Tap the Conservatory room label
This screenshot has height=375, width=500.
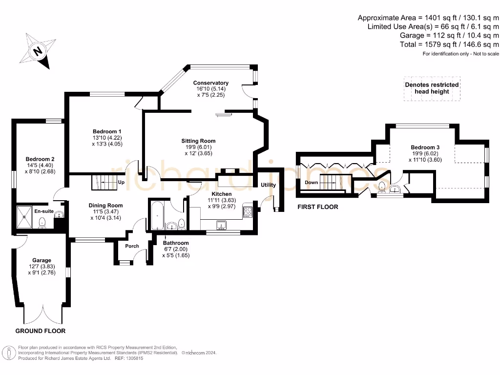[210, 83]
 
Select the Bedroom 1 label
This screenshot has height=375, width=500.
[107, 132]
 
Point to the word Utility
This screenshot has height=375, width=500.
[268, 185]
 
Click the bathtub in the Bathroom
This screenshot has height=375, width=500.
[156, 215]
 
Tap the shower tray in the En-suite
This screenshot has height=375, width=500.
[24, 214]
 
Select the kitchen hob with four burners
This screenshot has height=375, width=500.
[248, 212]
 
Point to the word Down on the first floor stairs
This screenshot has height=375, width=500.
[312, 183]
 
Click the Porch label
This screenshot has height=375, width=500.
[132, 246]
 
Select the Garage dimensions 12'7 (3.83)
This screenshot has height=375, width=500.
[42, 267]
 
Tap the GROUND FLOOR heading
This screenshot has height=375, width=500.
[41, 331]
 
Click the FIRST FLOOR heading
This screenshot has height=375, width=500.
[318, 207]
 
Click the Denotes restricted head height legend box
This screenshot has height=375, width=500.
[432, 88]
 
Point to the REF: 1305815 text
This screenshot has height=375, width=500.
[129, 358]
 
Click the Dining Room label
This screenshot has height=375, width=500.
[105, 206]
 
